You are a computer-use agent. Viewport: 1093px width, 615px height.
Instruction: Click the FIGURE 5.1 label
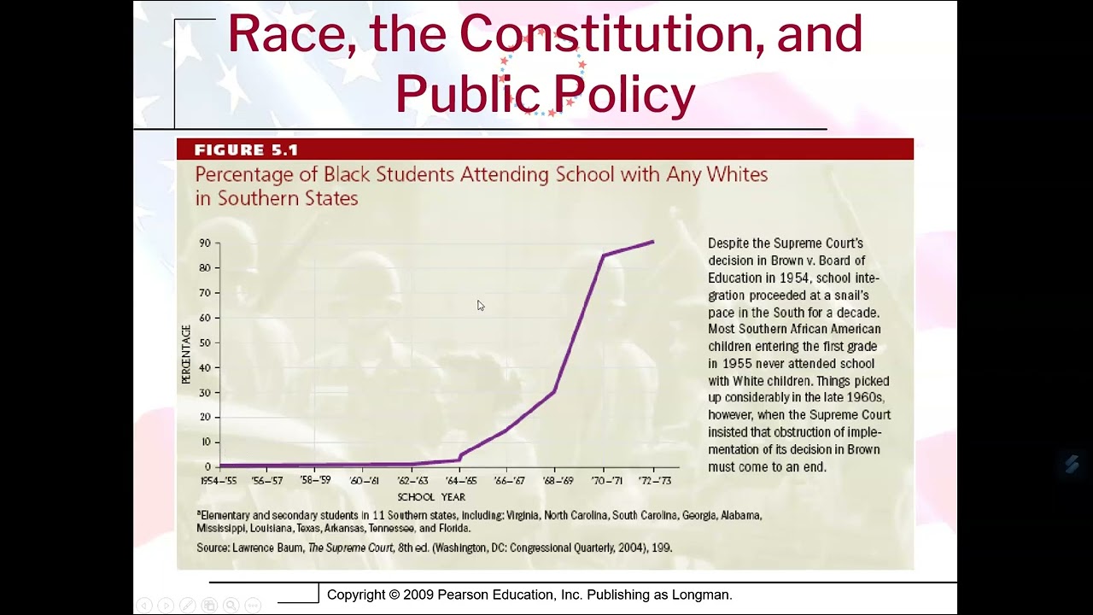coord(246,150)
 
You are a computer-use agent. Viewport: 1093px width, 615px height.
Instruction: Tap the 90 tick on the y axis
coord(205,243)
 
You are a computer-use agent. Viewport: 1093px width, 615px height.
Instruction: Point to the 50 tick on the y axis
coord(205,343)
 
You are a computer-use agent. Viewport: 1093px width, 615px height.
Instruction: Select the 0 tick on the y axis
coord(207,467)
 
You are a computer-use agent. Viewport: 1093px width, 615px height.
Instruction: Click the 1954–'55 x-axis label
coord(219,481)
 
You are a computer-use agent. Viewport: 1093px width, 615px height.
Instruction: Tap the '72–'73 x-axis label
coord(654,481)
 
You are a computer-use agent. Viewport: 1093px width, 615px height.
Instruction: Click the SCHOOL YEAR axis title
coord(431,497)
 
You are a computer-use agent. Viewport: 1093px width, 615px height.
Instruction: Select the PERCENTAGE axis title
coord(186,354)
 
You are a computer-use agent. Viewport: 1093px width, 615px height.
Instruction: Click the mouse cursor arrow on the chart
coord(480,304)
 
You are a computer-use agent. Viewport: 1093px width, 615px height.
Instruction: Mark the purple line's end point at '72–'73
coord(653,242)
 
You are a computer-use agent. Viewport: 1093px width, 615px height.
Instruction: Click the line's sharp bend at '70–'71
coord(604,255)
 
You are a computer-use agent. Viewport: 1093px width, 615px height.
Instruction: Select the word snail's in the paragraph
coord(848,295)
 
